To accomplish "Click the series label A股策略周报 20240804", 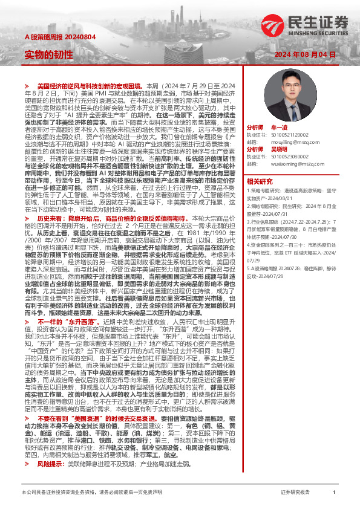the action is pyautogui.click(x=55, y=37).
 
